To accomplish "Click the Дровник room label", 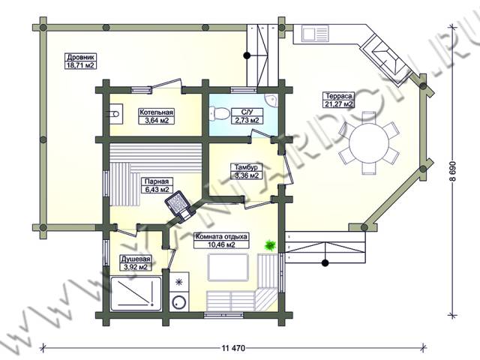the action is [82, 57].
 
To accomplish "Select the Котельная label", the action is [157, 112].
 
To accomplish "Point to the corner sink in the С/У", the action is [271, 100].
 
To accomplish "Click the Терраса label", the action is [338, 96].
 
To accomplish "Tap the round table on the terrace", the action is [368, 142].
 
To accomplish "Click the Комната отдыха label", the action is [221, 237].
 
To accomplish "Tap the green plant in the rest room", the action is [271, 244].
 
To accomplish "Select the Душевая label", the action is [135, 259].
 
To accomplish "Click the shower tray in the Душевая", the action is [136, 293].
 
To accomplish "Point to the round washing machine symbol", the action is [179, 303].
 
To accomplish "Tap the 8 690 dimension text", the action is [453, 171].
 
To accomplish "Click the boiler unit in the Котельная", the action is [115, 114].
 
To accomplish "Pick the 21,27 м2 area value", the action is [339, 103].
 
